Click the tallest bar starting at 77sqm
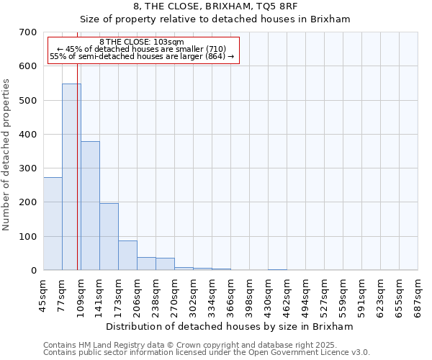pos(71,176)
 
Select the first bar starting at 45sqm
pos(53,223)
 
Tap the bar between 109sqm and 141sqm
pos(90,205)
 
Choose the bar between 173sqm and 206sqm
pos(127,255)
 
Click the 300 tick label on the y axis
pos(28,168)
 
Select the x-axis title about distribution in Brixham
pos(234,326)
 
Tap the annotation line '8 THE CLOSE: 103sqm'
pos(142,42)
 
